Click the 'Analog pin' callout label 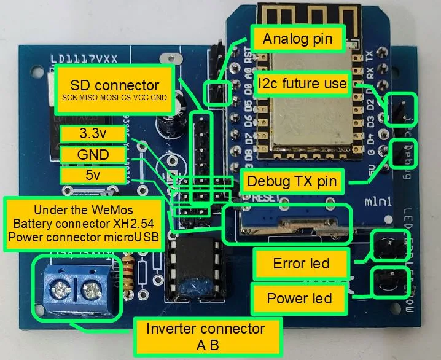297,39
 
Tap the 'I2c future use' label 303,83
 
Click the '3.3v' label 94,133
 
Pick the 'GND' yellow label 94,155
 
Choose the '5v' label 94,176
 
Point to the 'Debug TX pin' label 292,181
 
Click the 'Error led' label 301,264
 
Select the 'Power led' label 299,299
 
